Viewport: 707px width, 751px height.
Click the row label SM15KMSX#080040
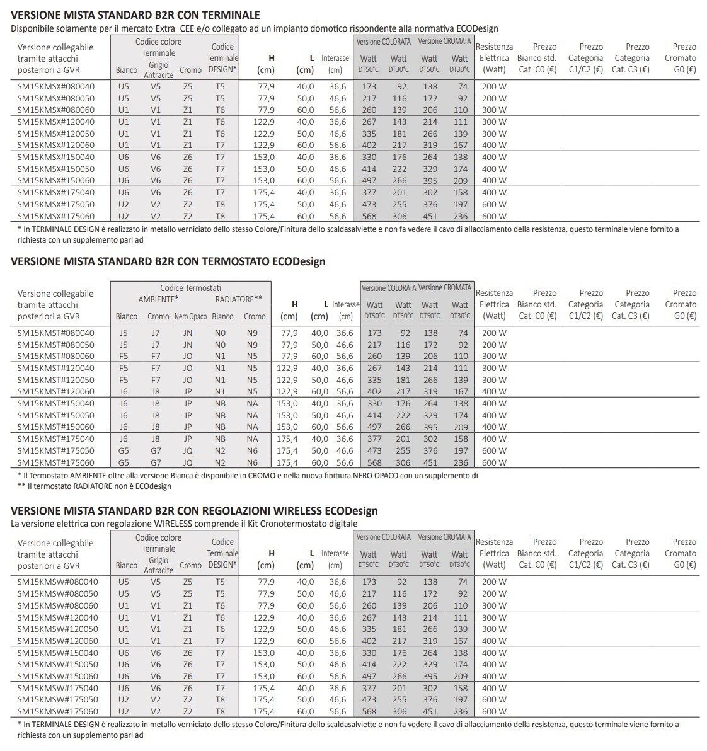[56, 86]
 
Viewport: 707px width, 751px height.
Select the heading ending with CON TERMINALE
[135, 15]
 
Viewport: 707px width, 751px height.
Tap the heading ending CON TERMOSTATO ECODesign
[168, 261]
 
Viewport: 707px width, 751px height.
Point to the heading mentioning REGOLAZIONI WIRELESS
[194, 510]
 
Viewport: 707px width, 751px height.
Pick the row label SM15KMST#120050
[56, 380]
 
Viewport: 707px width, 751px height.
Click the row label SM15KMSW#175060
[57, 711]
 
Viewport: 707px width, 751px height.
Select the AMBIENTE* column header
[159, 299]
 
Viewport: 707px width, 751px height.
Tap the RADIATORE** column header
[238, 299]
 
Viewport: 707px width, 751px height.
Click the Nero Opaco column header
[190, 316]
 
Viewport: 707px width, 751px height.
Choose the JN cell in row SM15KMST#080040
[188, 333]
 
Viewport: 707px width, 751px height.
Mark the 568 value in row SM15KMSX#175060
[369, 216]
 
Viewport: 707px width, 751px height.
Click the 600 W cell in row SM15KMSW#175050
[494, 699]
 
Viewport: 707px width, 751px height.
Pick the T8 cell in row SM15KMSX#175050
[219, 204]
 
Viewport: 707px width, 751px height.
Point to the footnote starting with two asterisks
[95, 486]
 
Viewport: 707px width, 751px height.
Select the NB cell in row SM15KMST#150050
[220, 415]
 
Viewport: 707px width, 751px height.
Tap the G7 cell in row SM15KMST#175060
[156, 462]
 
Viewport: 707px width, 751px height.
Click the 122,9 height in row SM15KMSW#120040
[264, 617]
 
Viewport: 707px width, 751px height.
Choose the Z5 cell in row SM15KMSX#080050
[188, 98]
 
